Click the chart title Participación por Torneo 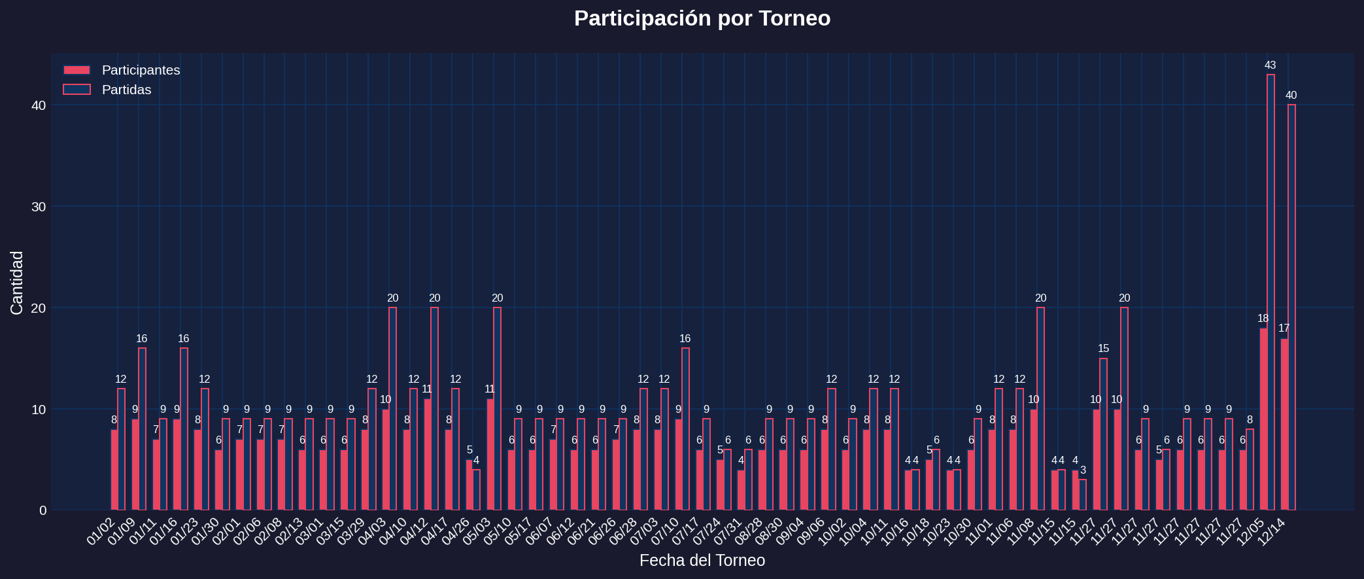click(702, 18)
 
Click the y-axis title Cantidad click(17, 283)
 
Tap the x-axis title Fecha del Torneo click(702, 561)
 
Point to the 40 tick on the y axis click(39, 105)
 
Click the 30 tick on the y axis click(39, 207)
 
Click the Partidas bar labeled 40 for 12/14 click(1291, 307)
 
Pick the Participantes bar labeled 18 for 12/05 click(1263, 419)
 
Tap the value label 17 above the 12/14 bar click(1284, 328)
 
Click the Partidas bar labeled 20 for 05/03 click(497, 409)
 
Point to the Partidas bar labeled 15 click(1103, 434)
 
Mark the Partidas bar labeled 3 click(1082, 495)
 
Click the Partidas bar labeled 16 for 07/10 click(685, 429)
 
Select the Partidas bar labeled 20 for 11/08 click(1040, 409)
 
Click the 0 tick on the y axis click(43, 510)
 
